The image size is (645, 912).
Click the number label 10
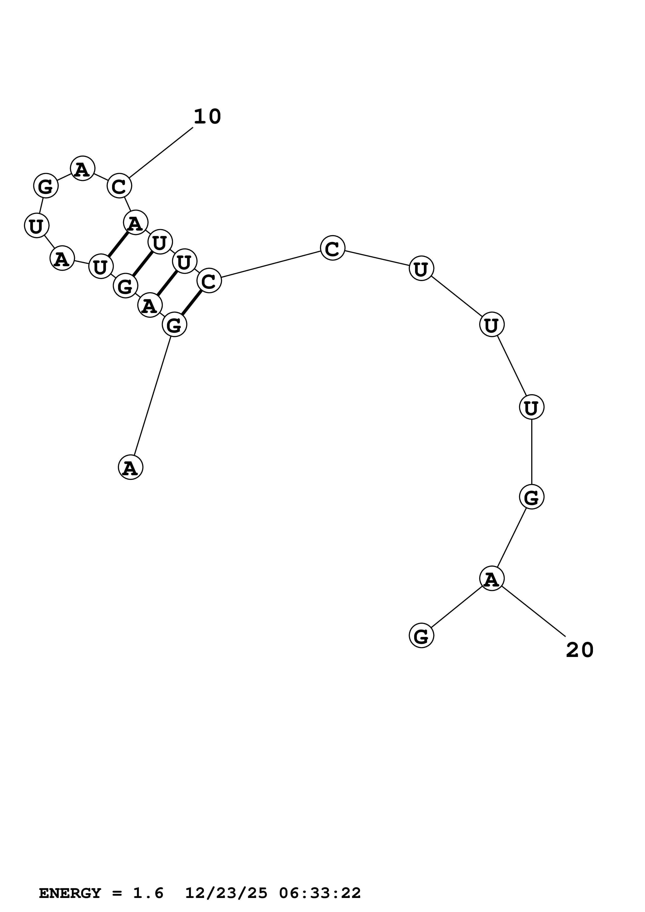click(207, 117)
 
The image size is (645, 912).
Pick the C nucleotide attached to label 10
click(119, 186)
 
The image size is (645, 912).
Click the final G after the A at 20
click(421, 636)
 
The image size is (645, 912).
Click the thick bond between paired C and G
click(191, 303)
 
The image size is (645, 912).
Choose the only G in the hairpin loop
click(46, 186)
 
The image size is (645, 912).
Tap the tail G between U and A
click(531, 497)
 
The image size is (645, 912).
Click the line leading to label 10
click(161, 153)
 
